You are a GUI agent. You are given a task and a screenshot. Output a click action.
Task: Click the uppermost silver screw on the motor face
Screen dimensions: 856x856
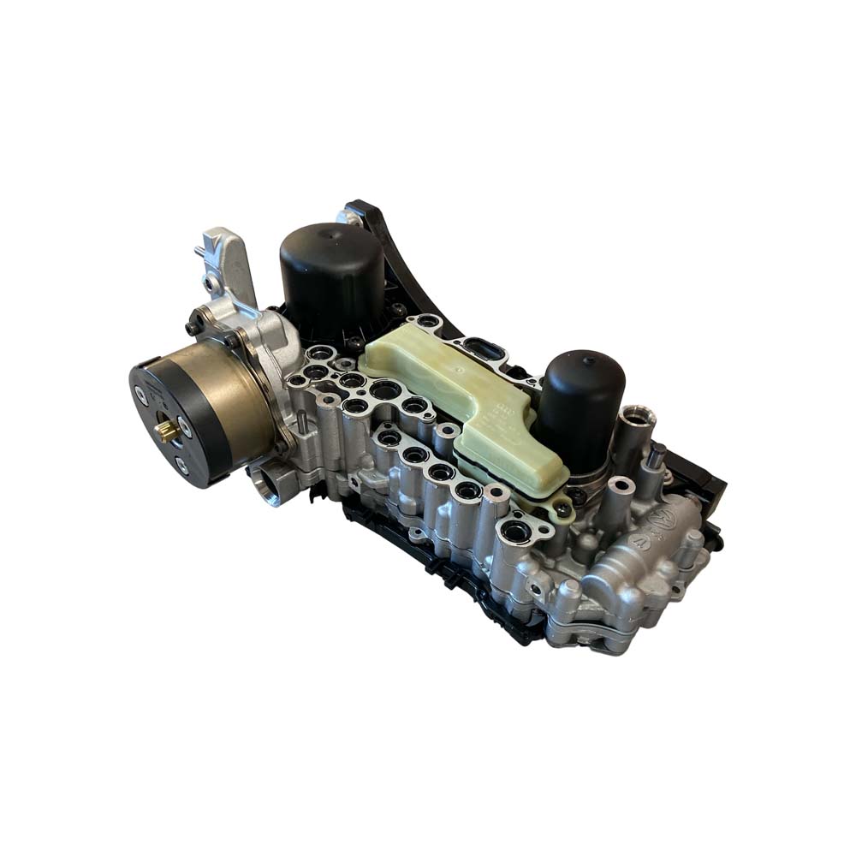coord(142,395)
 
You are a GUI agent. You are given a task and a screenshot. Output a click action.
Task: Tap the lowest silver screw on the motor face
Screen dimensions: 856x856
coord(181,466)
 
